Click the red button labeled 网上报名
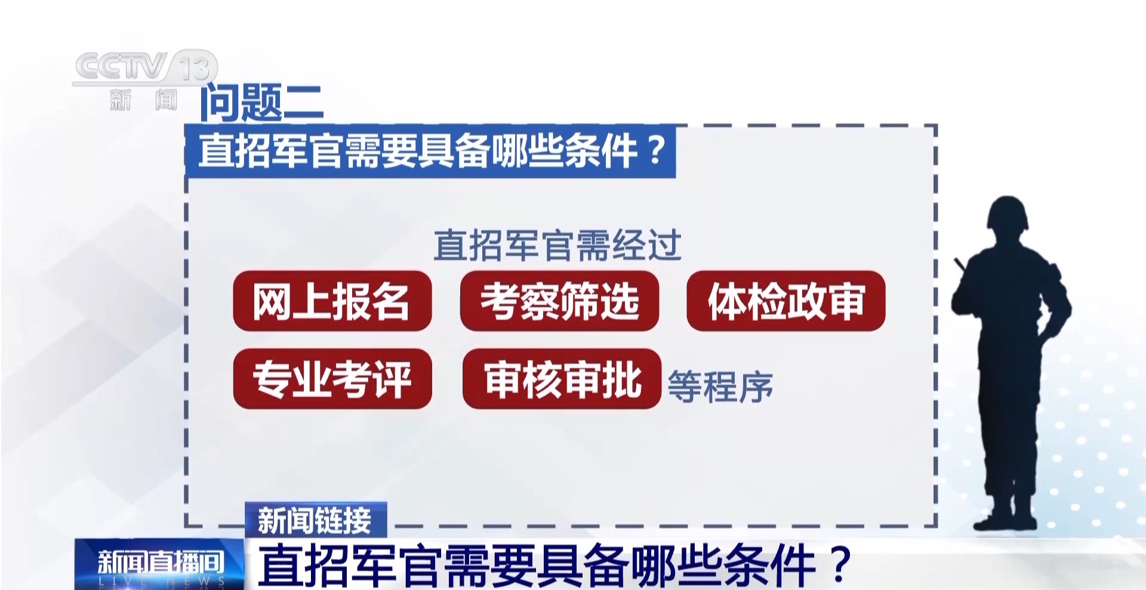332,301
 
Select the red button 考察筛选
559,301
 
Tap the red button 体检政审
786,301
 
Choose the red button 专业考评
332,379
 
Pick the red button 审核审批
562,379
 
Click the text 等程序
720,386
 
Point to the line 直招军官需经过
557,245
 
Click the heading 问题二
261,102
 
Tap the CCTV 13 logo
145,81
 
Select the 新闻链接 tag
316,520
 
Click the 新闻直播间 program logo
159,564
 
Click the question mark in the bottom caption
842,564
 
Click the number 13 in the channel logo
195,67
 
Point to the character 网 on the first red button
272,301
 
